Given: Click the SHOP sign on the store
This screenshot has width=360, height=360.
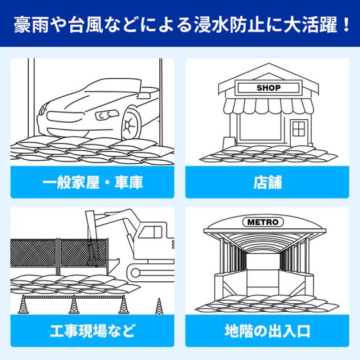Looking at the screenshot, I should click(x=268, y=88).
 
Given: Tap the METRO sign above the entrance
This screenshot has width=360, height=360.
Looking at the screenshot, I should click(x=263, y=222).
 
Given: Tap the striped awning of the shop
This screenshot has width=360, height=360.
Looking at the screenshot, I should click(x=268, y=106).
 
